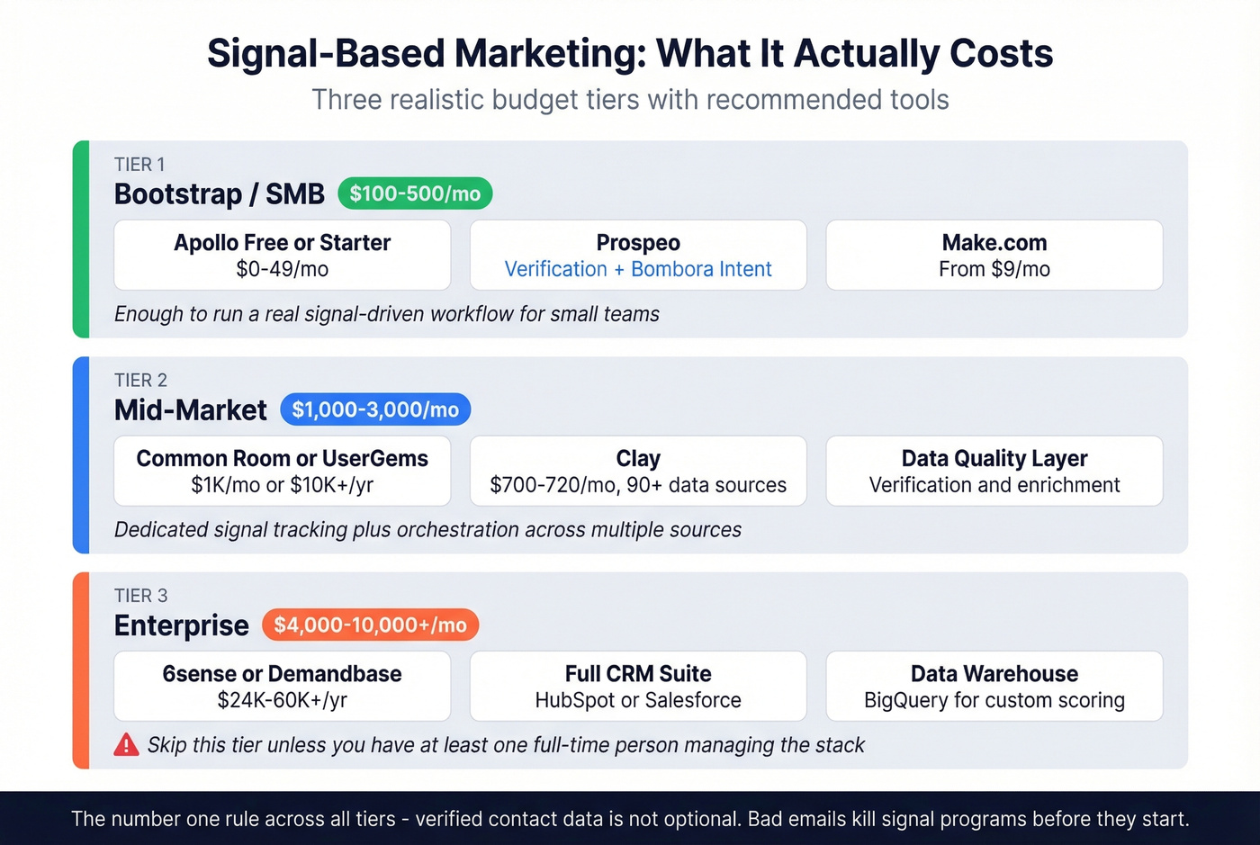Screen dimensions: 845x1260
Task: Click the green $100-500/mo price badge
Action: (x=415, y=193)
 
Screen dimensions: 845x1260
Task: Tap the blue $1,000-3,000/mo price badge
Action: (x=375, y=409)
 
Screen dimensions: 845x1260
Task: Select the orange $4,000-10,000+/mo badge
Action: (x=370, y=625)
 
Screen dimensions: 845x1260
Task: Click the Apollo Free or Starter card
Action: (x=282, y=255)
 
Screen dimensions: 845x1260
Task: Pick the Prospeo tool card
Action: (x=638, y=255)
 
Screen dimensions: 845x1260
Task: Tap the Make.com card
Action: (x=994, y=255)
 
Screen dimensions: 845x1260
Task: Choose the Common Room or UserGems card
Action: (x=282, y=471)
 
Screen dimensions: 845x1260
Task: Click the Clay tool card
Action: (x=638, y=471)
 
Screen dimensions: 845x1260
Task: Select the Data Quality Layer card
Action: (x=994, y=471)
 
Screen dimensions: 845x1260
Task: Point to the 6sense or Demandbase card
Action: (x=282, y=686)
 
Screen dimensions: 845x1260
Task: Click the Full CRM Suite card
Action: (x=638, y=686)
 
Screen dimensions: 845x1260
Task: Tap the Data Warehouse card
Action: (x=994, y=686)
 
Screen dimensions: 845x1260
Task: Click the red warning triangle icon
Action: (x=127, y=745)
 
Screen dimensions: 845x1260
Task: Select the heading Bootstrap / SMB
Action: (x=219, y=194)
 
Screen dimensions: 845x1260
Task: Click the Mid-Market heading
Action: (x=190, y=410)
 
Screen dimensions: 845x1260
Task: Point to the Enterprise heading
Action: (x=181, y=625)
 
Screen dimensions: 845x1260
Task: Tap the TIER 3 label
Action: (x=140, y=596)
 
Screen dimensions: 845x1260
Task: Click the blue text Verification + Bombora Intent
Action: (x=638, y=269)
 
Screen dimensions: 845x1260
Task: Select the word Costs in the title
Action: (x=1001, y=54)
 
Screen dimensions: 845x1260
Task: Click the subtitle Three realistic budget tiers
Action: (x=630, y=99)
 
